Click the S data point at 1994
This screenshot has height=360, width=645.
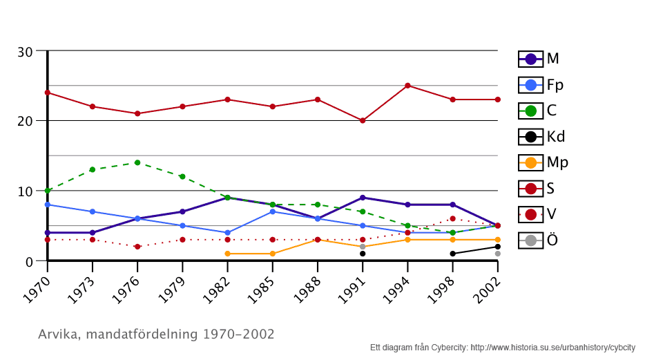[407, 86]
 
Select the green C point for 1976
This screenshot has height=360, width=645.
[137, 162]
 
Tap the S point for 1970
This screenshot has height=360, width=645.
[47, 93]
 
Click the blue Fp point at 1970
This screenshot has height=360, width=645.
[47, 205]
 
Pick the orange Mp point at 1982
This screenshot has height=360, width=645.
[227, 254]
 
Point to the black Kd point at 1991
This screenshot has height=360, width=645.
[363, 254]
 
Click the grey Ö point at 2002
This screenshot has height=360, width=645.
[498, 254]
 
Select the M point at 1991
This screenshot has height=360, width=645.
[363, 198]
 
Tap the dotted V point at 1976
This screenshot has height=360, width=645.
[137, 247]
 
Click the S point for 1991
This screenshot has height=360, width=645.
[363, 120]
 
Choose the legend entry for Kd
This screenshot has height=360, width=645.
[542, 137]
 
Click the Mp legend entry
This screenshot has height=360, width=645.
[543, 163]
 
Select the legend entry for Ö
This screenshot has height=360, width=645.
[539, 240]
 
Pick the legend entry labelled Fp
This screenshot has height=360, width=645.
[541, 85]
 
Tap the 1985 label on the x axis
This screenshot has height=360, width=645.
[263, 283]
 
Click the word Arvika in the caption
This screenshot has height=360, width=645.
[57, 334]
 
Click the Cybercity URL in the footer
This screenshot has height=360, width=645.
[552, 348]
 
